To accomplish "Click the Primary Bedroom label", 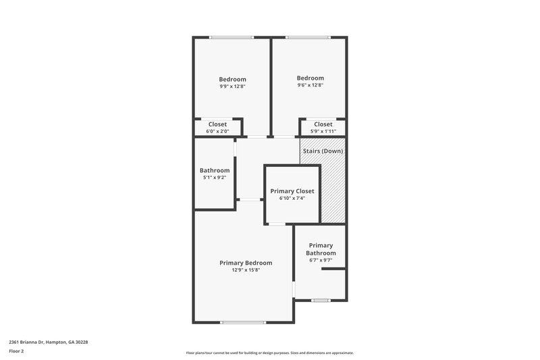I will click(x=246, y=263).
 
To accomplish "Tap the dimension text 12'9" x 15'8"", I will click(x=246, y=270).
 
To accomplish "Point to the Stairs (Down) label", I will click(x=323, y=151).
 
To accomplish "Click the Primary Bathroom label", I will click(x=321, y=249).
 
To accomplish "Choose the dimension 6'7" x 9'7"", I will click(x=321, y=260).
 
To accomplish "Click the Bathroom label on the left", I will click(x=215, y=170).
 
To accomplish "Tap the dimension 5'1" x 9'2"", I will click(x=215, y=178).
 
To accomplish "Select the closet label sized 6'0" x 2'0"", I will click(x=217, y=124).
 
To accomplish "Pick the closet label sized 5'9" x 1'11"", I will click(x=323, y=124).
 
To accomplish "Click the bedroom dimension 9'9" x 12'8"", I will click(x=232, y=86).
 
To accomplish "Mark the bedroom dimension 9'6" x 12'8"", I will click(x=310, y=85).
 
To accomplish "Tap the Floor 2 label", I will click(x=17, y=351).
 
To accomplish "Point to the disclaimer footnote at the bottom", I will click(x=269, y=353).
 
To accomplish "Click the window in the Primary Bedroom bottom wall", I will click(x=243, y=322).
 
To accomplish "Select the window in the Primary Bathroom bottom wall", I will click(x=321, y=300).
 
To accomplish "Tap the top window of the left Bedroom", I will click(x=231, y=37).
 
